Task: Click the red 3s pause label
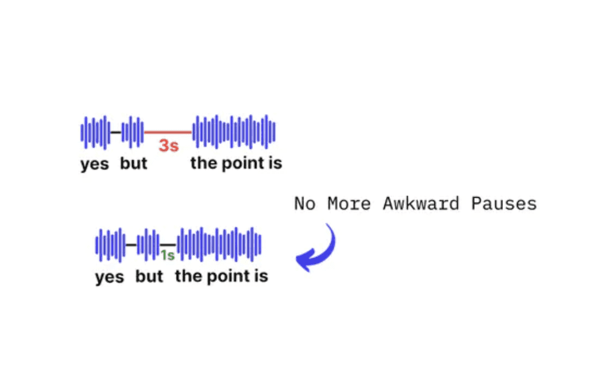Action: point(169,146)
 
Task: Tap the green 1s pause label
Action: point(167,256)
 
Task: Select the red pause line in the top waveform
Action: point(168,132)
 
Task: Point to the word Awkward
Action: point(421,204)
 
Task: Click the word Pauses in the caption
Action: point(504,204)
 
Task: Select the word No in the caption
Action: point(305,204)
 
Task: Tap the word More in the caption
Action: point(349,204)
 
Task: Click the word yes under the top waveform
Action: point(95,164)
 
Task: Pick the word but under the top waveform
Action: point(134,163)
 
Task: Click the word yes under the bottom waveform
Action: point(109,277)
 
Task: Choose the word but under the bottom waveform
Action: point(149,276)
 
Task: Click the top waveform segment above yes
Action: point(95,132)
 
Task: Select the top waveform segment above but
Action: point(133,132)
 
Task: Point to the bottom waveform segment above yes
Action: point(111,245)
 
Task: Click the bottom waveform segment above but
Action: point(148,245)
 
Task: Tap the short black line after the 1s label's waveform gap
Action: point(169,245)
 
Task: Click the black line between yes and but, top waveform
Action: point(115,132)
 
